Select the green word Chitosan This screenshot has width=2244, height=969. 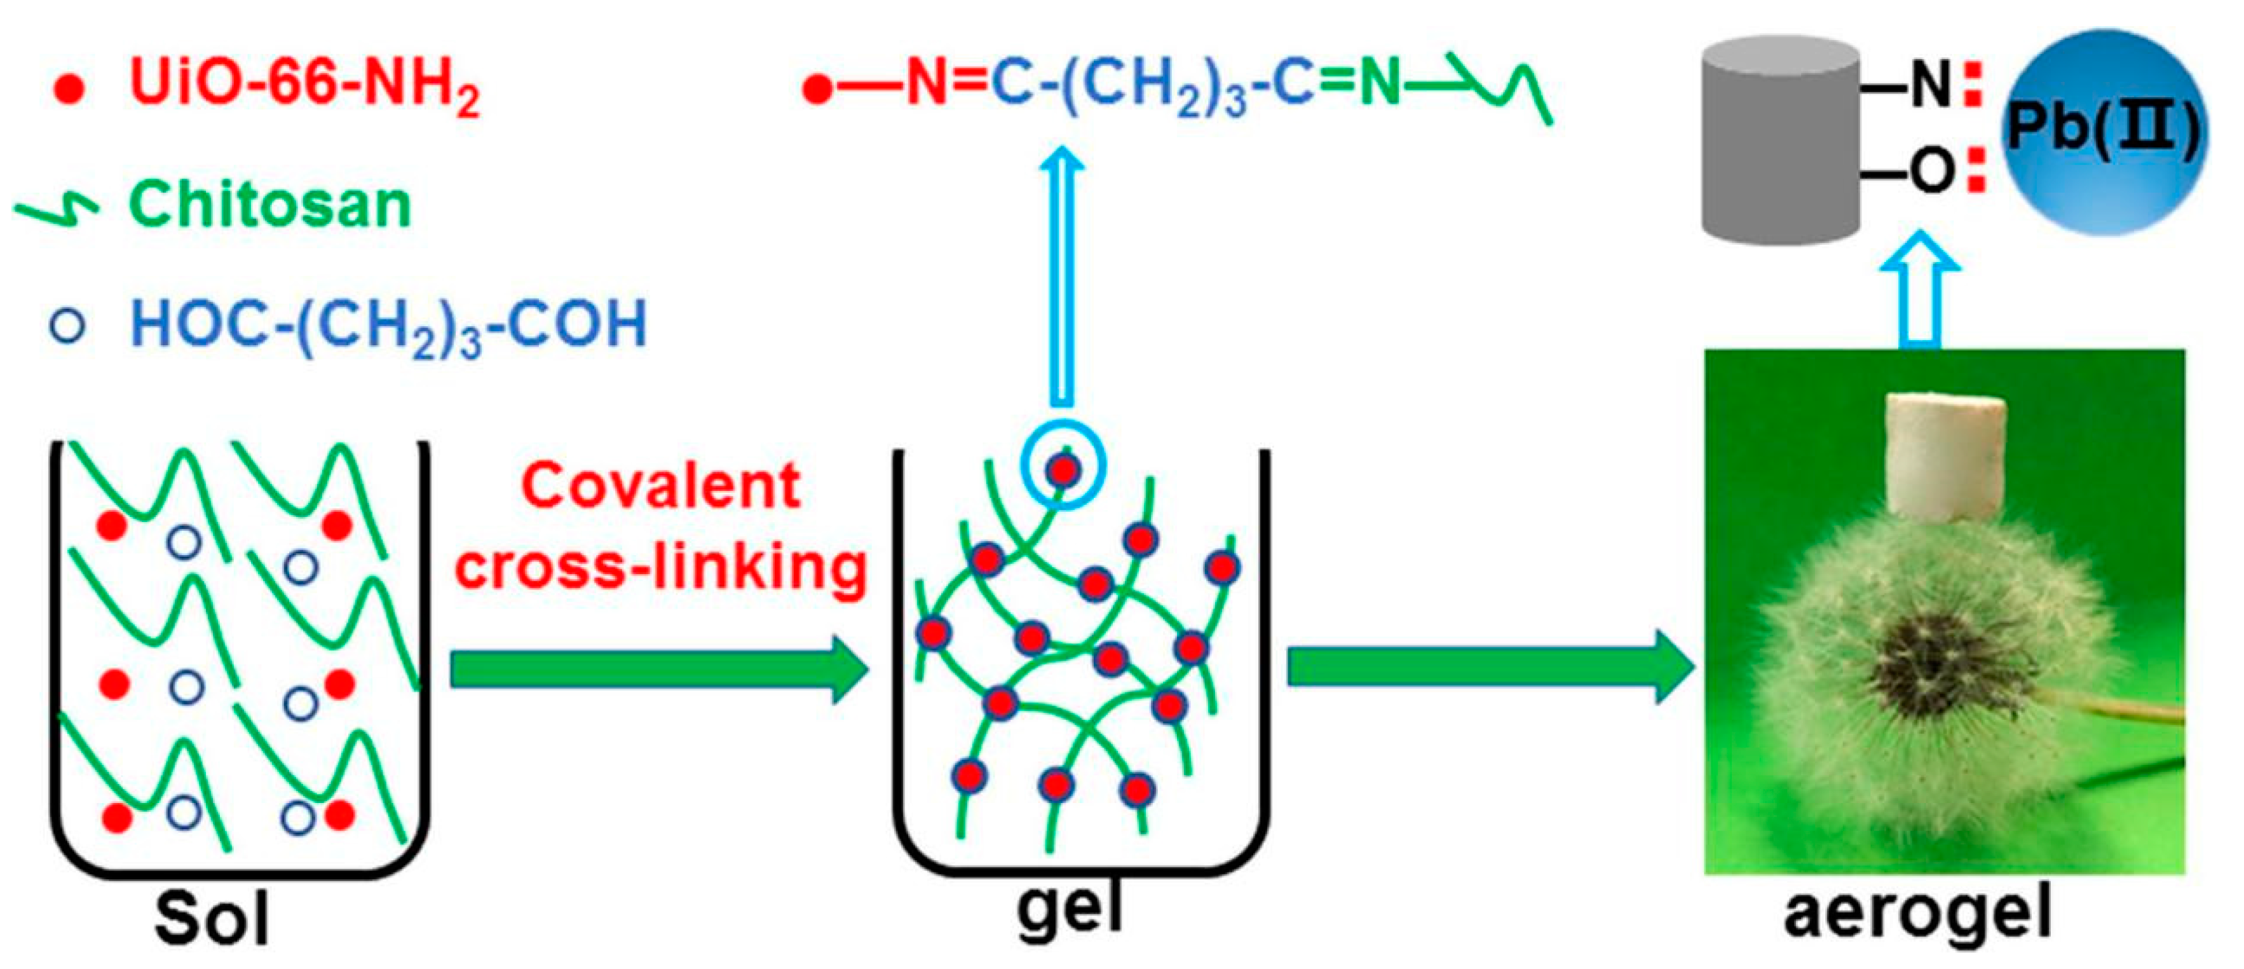click(x=269, y=205)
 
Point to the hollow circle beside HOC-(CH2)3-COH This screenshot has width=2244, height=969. click(x=68, y=326)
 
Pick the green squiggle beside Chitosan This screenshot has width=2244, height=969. click(x=57, y=209)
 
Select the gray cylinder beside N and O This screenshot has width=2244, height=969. click(x=1781, y=139)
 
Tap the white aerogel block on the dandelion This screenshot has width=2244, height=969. click(x=1947, y=455)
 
